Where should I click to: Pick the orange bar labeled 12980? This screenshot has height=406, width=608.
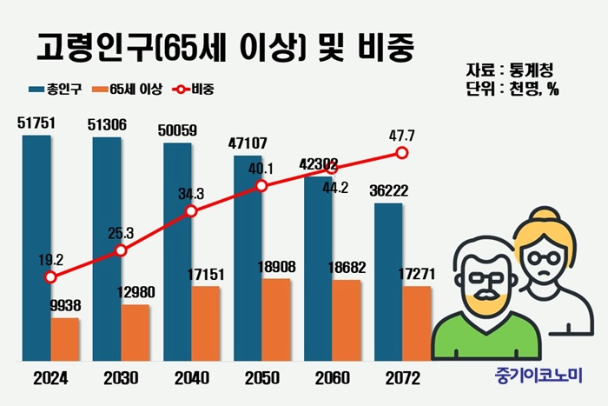pyautogui.click(x=135, y=332)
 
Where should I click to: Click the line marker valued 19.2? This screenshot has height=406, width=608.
pyautogui.click(x=50, y=277)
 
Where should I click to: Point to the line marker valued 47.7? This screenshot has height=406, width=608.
pyautogui.click(x=401, y=153)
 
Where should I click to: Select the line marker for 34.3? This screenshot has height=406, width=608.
pyautogui.click(x=191, y=211)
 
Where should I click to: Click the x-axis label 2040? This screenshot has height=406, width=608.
pyautogui.click(x=190, y=379)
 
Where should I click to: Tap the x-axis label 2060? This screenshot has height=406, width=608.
pyautogui.click(x=331, y=379)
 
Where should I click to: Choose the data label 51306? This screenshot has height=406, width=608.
pyautogui.click(x=107, y=124)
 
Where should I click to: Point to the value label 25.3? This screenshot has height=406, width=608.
pyautogui.click(x=120, y=233)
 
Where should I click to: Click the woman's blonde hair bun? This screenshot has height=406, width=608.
pyautogui.click(x=545, y=216)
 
